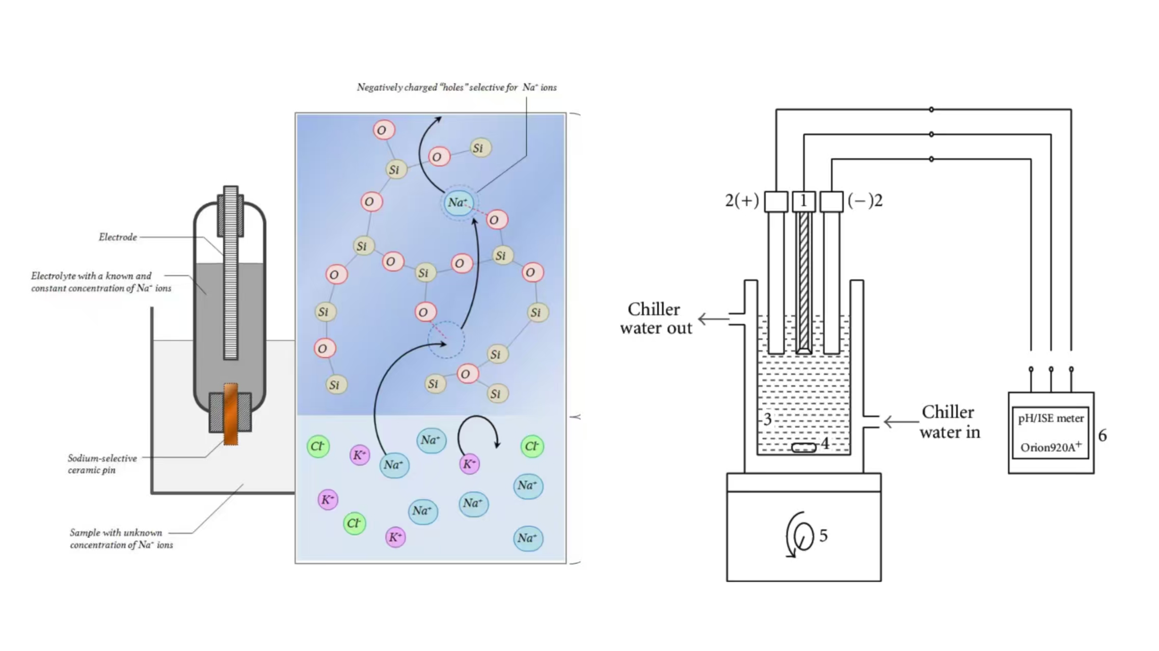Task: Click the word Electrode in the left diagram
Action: pyautogui.click(x=118, y=237)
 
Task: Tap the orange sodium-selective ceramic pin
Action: pyautogui.click(x=231, y=413)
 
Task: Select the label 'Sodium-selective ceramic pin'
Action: pyautogui.click(x=102, y=464)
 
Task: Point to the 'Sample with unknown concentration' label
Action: pyautogui.click(x=121, y=539)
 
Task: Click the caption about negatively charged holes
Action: pyautogui.click(x=456, y=88)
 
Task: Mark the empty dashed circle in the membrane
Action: pyautogui.click(x=446, y=339)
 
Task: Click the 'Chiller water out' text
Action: pyautogui.click(x=655, y=319)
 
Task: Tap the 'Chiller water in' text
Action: pyautogui.click(x=949, y=422)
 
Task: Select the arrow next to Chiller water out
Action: pyautogui.click(x=713, y=319)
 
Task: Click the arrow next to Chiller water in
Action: pyautogui.click(x=900, y=421)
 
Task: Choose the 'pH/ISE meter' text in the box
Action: pyautogui.click(x=1050, y=418)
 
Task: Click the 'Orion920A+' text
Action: pyautogui.click(x=1050, y=447)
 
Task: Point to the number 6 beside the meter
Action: pyautogui.click(x=1102, y=436)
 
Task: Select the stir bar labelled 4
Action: pyautogui.click(x=804, y=447)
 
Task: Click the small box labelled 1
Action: pyautogui.click(x=804, y=202)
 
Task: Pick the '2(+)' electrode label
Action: pyautogui.click(x=742, y=201)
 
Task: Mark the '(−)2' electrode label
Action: pyautogui.click(x=865, y=201)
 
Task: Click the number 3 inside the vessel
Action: pyautogui.click(x=767, y=419)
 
